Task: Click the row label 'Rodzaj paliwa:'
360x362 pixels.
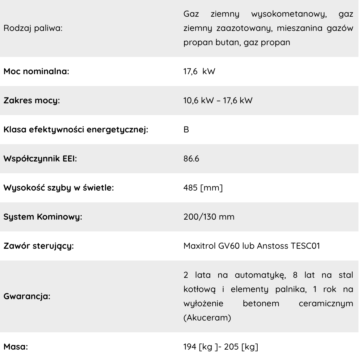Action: tap(33, 28)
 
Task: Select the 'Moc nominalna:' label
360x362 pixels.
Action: tap(36, 71)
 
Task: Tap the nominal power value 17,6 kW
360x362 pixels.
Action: tap(199, 71)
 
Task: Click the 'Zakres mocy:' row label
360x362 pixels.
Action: tap(32, 101)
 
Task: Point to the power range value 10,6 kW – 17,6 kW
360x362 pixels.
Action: tap(218, 101)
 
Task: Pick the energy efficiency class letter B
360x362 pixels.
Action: tap(186, 130)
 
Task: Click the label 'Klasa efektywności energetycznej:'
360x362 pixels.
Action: tap(76, 130)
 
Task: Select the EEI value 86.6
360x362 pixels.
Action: tap(191, 159)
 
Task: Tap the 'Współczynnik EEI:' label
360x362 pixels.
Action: tap(40, 159)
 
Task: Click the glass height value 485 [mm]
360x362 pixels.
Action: tap(203, 188)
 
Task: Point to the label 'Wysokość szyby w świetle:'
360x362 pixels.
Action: tap(58, 188)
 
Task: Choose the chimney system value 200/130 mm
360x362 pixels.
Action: tap(209, 217)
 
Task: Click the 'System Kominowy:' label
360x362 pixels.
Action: tap(43, 217)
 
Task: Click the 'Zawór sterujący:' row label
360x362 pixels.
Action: tap(39, 246)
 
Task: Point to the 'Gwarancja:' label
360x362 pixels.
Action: tap(27, 296)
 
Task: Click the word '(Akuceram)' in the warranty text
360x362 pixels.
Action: tap(207, 318)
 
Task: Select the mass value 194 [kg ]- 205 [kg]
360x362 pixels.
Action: tap(221, 347)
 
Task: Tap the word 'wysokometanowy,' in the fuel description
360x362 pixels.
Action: tap(289, 14)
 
